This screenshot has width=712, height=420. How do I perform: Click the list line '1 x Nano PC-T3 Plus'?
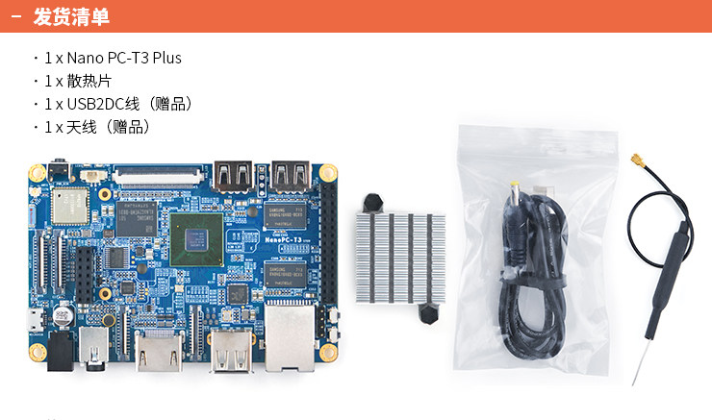[x=112, y=58]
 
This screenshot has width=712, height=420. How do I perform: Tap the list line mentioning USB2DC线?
[x=117, y=104]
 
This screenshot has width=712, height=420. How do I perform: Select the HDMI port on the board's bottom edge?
[x=158, y=352]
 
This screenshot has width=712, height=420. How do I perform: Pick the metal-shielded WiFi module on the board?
[x=70, y=205]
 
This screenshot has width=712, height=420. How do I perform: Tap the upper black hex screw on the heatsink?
[x=372, y=202]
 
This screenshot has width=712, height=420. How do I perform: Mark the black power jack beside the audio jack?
[x=97, y=349]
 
